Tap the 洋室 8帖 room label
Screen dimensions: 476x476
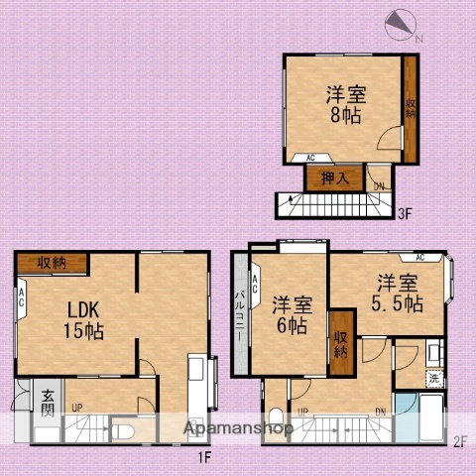pos(346,104)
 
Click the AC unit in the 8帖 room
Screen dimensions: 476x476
pos(309,158)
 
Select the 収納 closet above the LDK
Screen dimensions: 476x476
pos(52,263)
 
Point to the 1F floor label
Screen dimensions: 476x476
pos(203,457)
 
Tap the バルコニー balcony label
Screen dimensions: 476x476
pos(239,316)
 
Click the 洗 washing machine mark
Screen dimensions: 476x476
pos(433,378)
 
